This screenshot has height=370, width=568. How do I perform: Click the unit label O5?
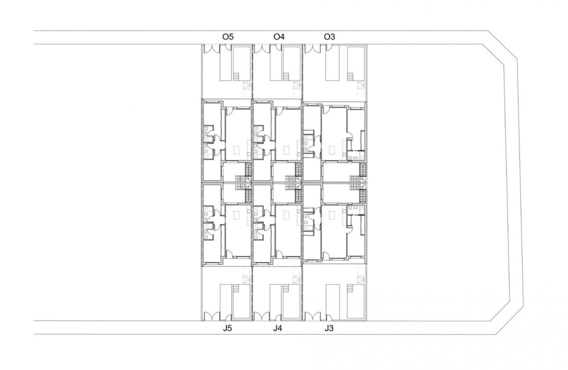(227, 37)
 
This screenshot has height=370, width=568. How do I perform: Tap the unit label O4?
(279, 37)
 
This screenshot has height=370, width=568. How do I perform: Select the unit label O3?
(329, 37)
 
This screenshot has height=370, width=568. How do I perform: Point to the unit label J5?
(228, 328)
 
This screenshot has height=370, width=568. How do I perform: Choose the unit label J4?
(277, 328)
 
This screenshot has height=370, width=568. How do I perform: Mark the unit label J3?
(329, 328)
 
